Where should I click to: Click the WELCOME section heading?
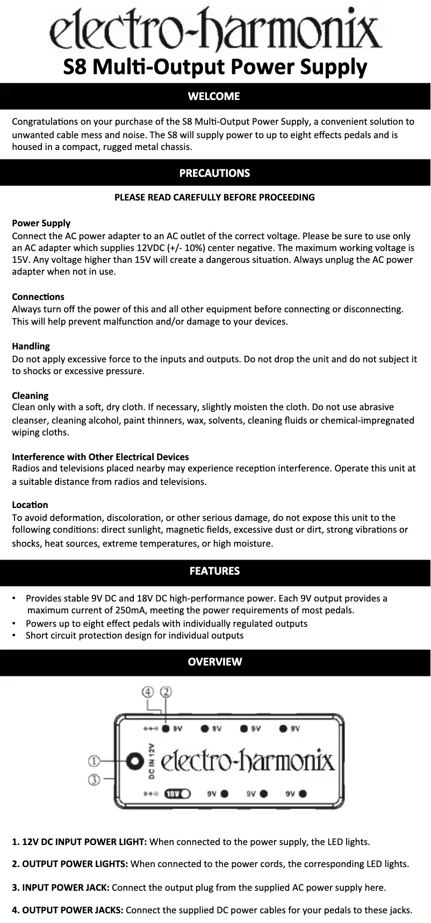[x=214, y=97]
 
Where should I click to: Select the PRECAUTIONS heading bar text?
[x=214, y=173]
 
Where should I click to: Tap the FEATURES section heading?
[x=214, y=571]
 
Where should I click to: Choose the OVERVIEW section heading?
[x=214, y=662]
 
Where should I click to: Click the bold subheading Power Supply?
[x=41, y=223]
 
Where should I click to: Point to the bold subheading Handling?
[x=31, y=346]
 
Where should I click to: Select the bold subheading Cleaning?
[x=30, y=396]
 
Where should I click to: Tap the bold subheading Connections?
[x=38, y=297]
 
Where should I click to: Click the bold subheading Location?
[x=30, y=505]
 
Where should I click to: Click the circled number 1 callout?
[x=94, y=761]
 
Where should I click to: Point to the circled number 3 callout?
[x=94, y=779]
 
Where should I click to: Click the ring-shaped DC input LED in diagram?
[x=134, y=761]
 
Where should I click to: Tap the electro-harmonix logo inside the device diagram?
[x=248, y=761]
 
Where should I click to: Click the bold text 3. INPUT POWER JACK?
[x=61, y=887]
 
